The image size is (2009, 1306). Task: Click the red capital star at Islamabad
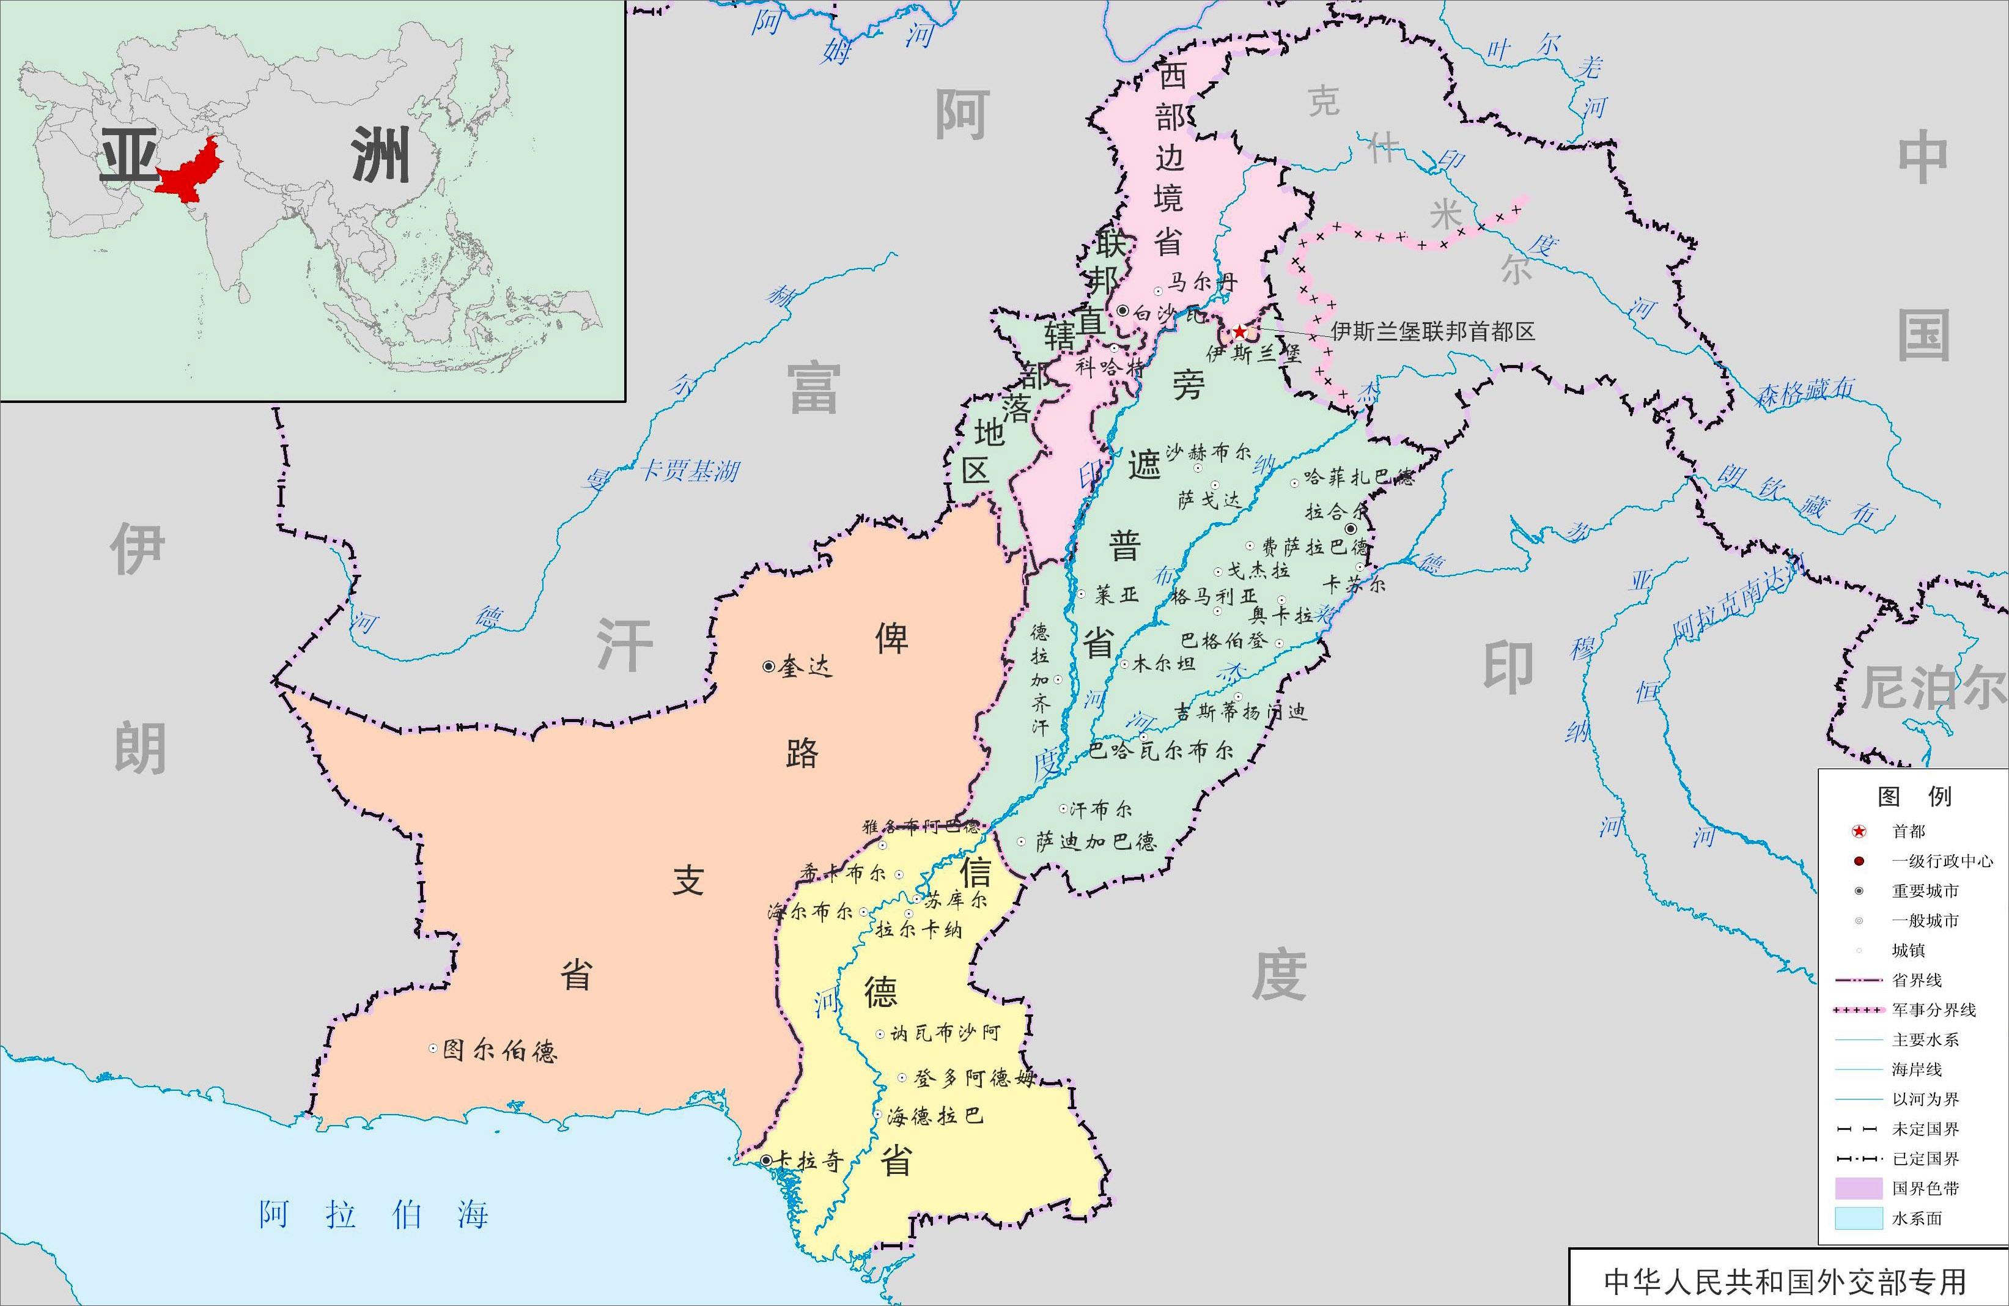[x=1238, y=332]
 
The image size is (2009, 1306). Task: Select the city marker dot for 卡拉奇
[x=765, y=1161]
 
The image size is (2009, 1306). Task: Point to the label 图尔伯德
[x=499, y=1050]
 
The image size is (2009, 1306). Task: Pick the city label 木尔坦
[x=1163, y=663]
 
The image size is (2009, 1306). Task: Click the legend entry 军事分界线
[x=1933, y=1009]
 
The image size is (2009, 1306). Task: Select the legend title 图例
[x=1914, y=796]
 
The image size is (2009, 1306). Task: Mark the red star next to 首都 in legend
[x=1859, y=832]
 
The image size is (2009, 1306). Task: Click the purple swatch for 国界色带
[x=1859, y=1189]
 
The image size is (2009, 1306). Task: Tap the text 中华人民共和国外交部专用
[x=1785, y=1282]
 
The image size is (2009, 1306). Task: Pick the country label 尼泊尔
[x=1933, y=687]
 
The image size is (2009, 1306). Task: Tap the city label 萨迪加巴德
[x=1096, y=841]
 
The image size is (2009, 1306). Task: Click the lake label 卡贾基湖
[x=689, y=470]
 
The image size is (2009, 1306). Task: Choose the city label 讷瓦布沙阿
[x=945, y=1033]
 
